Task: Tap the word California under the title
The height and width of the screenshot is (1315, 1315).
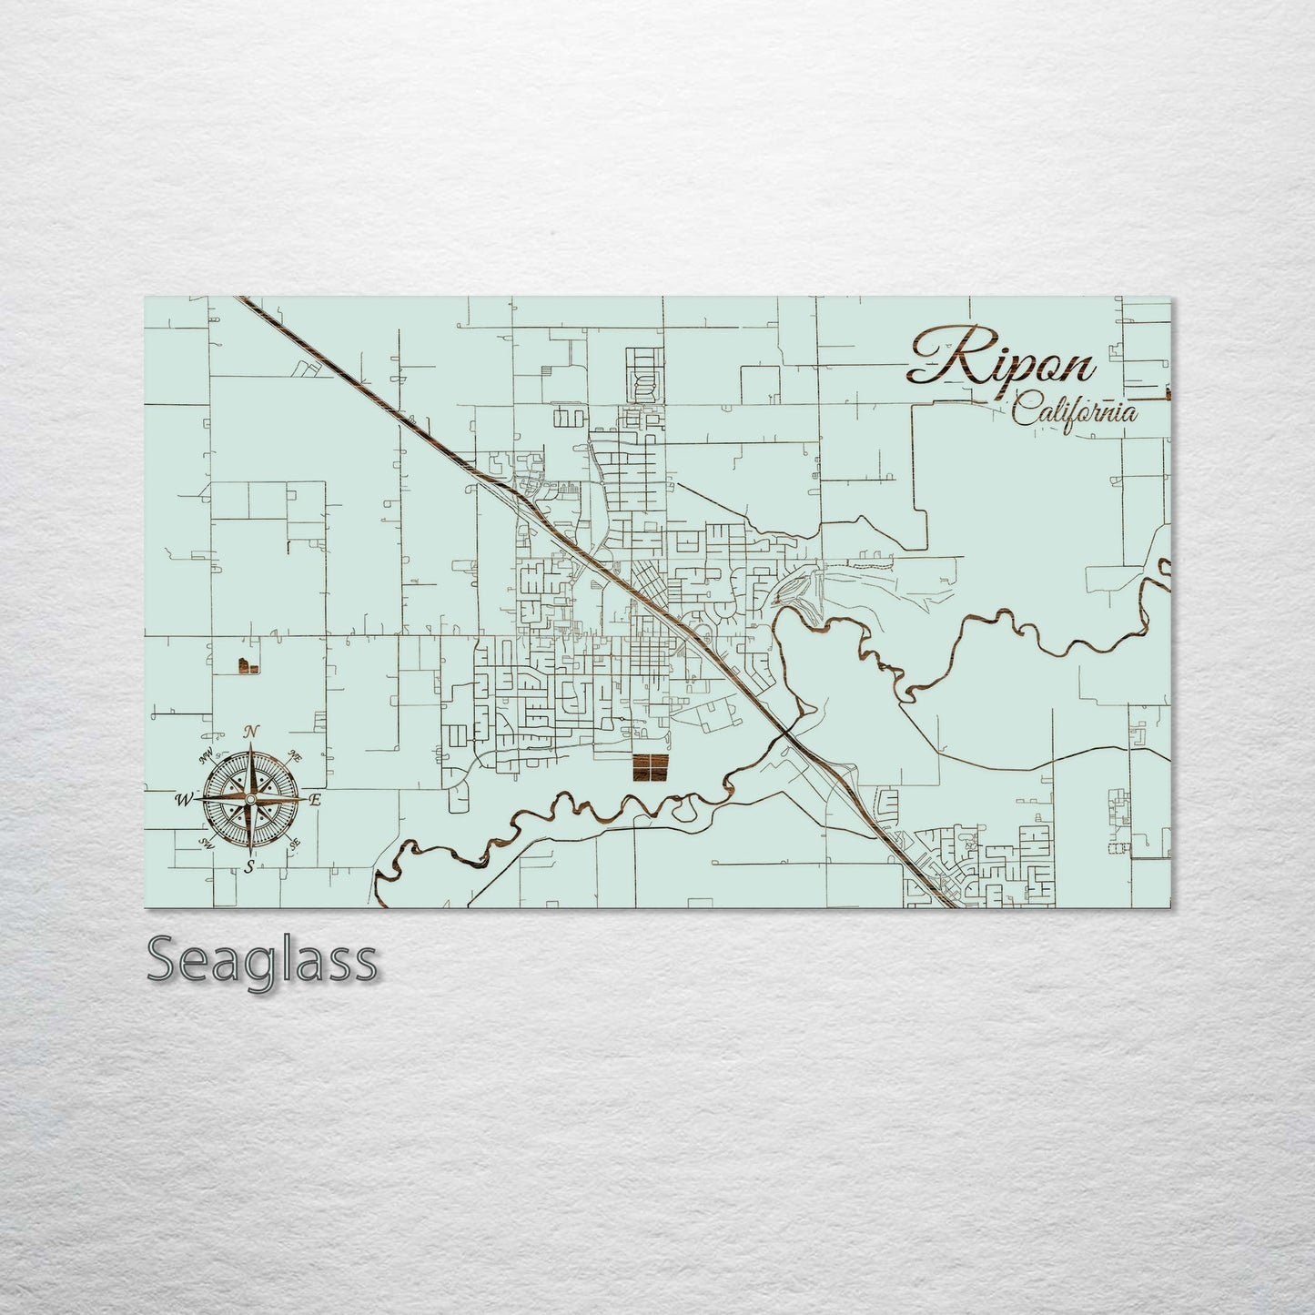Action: [x=1075, y=411]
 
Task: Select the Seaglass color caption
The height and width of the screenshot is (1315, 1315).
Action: [x=262, y=959]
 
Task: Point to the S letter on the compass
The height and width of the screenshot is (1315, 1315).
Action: [x=248, y=867]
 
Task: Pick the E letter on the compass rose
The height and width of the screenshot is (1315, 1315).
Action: [x=316, y=801]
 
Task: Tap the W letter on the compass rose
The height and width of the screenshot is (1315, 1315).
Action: [x=183, y=800]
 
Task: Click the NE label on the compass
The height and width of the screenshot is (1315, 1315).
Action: [x=295, y=754]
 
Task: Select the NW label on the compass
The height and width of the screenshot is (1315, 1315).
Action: [x=206, y=752]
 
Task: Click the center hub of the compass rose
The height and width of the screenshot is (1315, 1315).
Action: [x=249, y=799]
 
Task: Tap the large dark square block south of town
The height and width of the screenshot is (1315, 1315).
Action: [x=650, y=768]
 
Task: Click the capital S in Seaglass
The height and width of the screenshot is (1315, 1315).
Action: [x=164, y=960]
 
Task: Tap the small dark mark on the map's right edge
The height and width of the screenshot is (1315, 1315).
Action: [x=1168, y=394]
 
